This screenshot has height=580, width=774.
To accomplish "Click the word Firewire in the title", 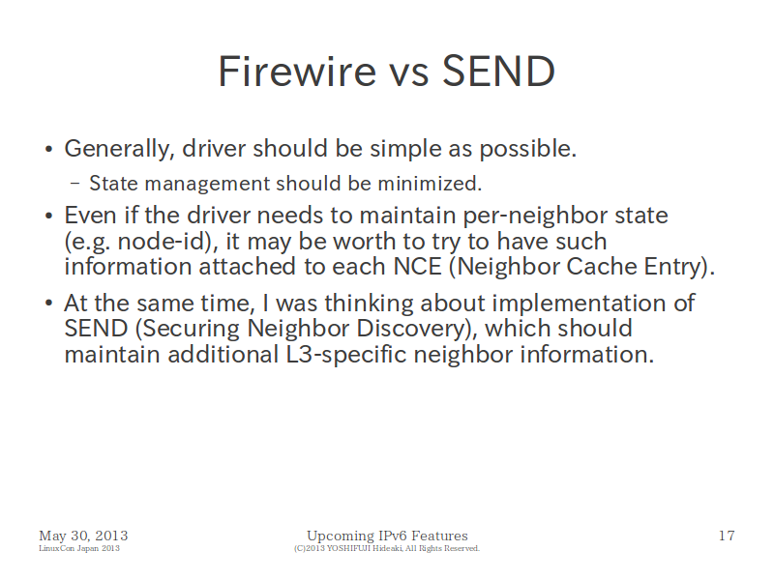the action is click(x=297, y=71).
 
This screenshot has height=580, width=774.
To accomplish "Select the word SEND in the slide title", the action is click(x=498, y=71).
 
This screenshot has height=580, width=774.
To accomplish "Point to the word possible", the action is click(x=528, y=149).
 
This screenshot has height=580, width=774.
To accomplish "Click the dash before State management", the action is click(x=75, y=184).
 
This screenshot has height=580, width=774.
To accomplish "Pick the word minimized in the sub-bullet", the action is click(x=430, y=184).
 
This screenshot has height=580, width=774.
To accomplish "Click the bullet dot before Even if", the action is click(x=48, y=216).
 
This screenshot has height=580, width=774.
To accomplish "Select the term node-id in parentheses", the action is click(x=162, y=241).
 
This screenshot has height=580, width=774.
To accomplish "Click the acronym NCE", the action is click(x=417, y=267).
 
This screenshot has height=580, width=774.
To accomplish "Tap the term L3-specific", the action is click(x=346, y=355).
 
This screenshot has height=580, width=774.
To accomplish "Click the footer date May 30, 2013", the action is click(x=83, y=536).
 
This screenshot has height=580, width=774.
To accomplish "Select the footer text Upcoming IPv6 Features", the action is click(x=387, y=536).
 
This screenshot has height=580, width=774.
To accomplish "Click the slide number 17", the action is click(x=727, y=536).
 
